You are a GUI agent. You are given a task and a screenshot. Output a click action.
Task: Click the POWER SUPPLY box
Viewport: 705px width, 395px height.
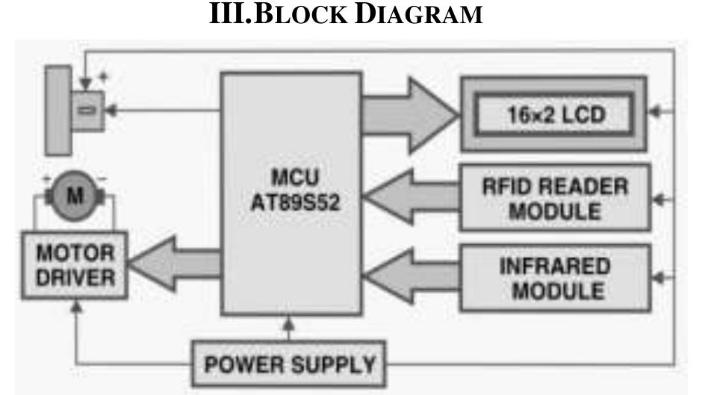(291, 365)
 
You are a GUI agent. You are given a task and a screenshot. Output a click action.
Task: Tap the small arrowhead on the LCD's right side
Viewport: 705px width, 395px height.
(656, 114)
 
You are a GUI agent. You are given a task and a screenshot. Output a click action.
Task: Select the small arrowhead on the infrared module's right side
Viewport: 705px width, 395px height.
(656, 278)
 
